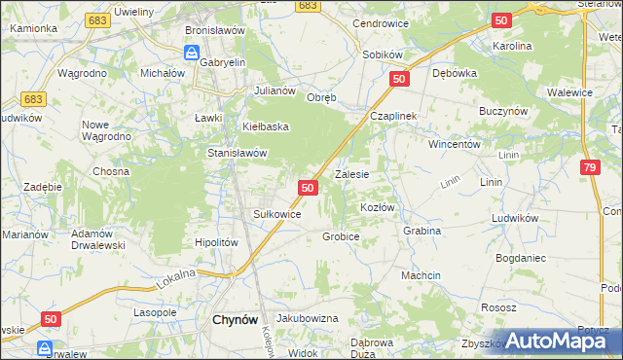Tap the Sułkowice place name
pyautogui.click(x=276, y=213)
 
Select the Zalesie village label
pyautogui.click(x=352, y=175)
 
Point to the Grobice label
pyautogui.click(x=341, y=236)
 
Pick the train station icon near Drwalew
pyautogui.click(x=44, y=346)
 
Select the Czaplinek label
pyautogui.click(x=392, y=115)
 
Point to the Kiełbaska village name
pyautogui.click(x=254, y=126)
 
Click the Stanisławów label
pyautogui.click(x=238, y=153)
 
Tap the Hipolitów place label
pyautogui.click(x=216, y=242)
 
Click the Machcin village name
pyautogui.click(x=421, y=275)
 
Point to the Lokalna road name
pyautogui.click(x=175, y=280)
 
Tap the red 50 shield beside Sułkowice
pyautogui.click(x=307, y=187)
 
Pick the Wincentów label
pyautogui.click(x=456, y=143)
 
